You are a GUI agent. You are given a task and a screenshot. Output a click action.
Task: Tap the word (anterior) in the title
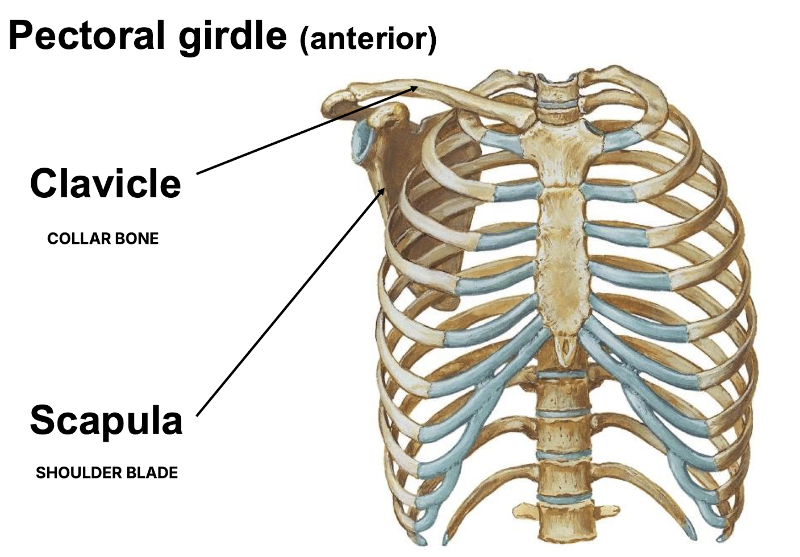pos(368,39)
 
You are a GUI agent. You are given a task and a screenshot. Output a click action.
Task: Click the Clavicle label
pos(105,184)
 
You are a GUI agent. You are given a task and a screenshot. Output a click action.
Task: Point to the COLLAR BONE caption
pos(103,238)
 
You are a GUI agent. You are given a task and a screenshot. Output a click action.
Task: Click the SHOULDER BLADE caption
pos(107,472)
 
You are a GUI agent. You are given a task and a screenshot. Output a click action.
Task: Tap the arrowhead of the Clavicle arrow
pos(415,88)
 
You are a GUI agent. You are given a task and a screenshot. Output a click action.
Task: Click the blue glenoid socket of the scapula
pos(360,144)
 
